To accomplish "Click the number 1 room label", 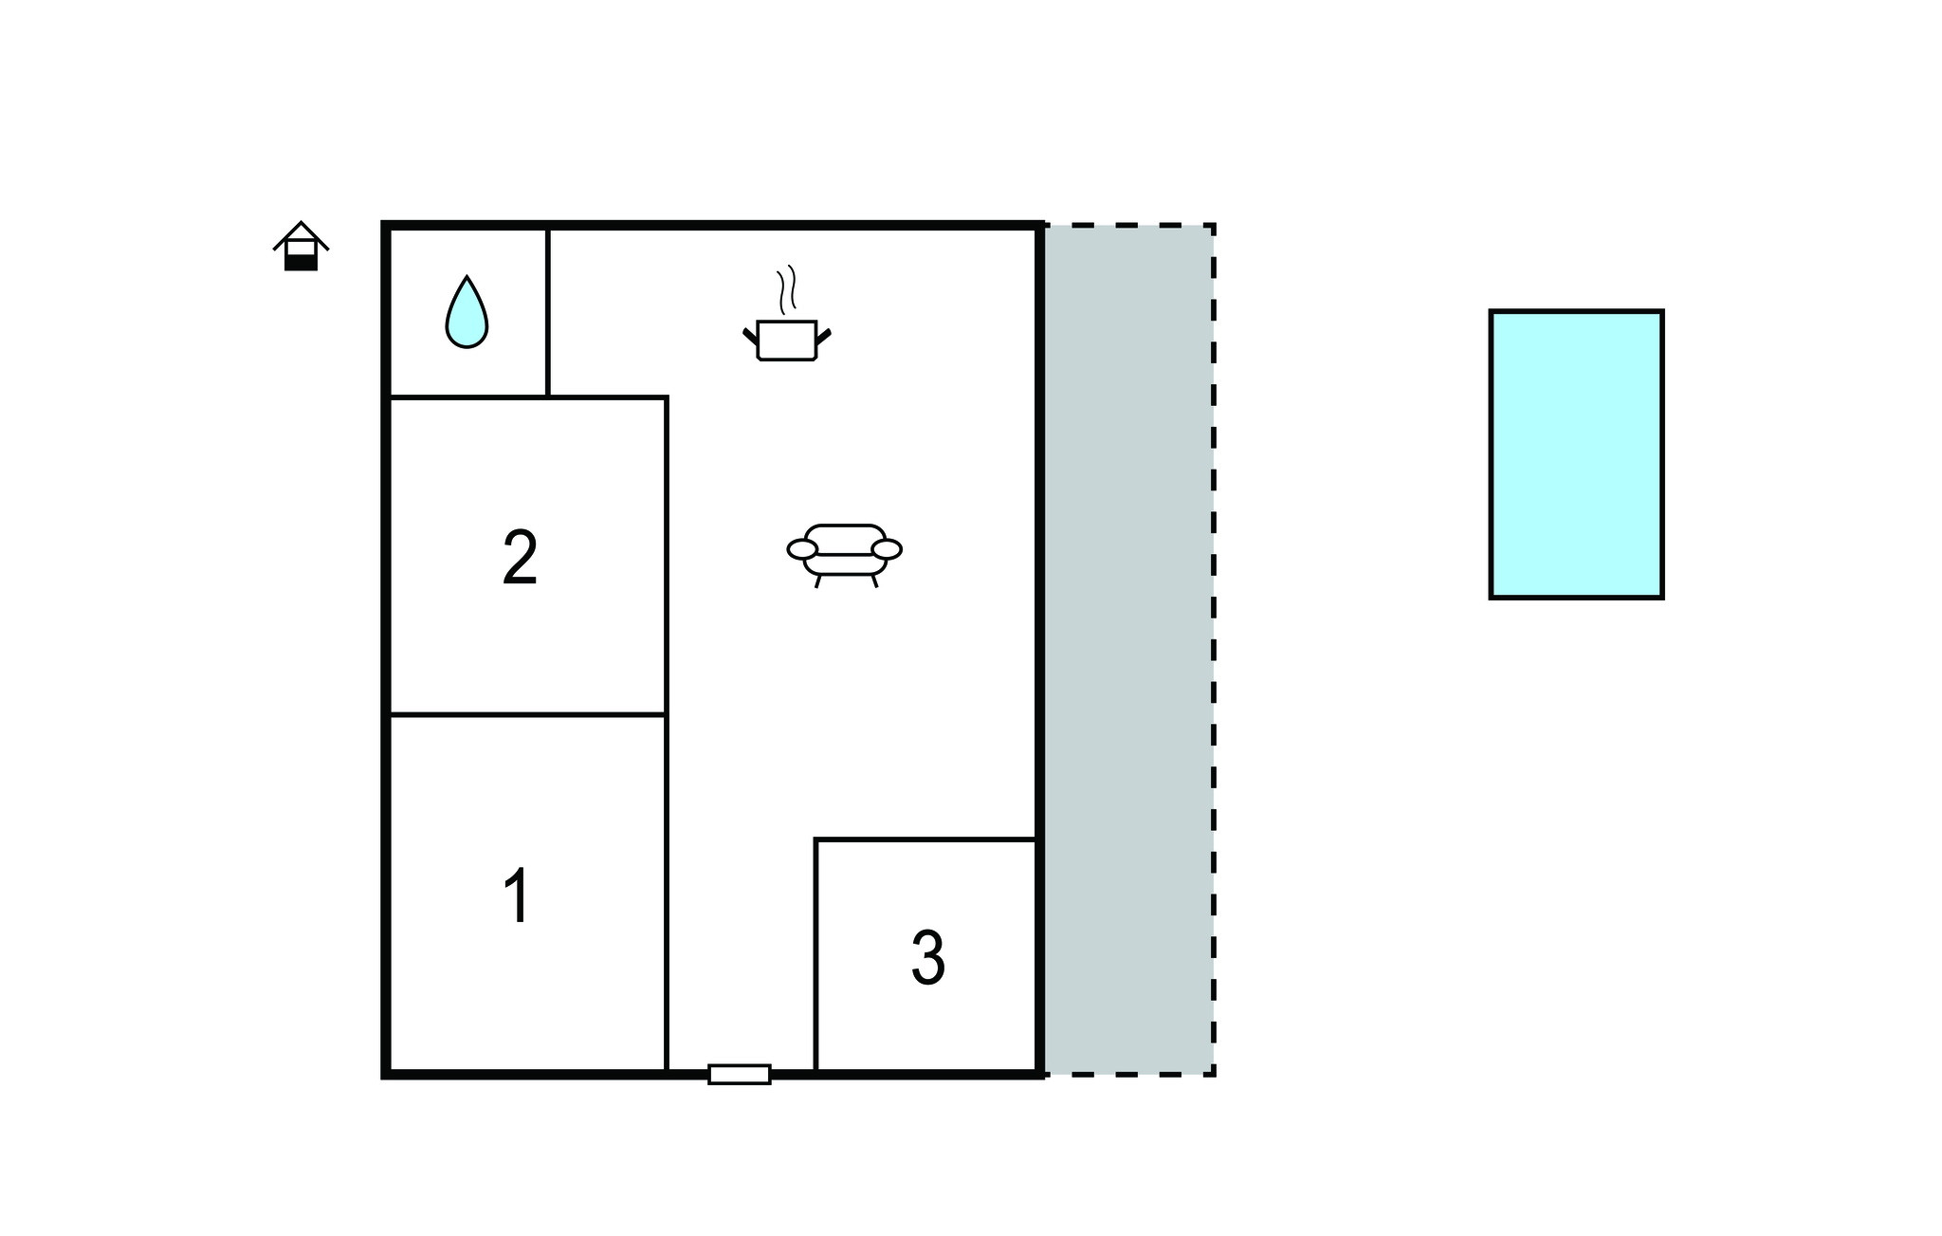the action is [x=517, y=895].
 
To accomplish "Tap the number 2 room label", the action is [x=520, y=558].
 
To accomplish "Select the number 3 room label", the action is [x=927, y=958].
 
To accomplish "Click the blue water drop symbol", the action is [x=467, y=312].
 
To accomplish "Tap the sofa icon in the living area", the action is [x=844, y=556].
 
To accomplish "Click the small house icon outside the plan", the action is [x=302, y=247].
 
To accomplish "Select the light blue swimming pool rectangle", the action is [x=1576, y=454].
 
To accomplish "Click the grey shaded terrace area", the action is [x=1128, y=650].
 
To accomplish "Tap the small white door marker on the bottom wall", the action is [x=740, y=1074].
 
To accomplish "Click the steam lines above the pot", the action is [x=787, y=290].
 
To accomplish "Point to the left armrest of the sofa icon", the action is [x=802, y=549].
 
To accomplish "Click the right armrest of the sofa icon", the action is [x=887, y=549].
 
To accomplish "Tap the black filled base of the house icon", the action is [x=302, y=263].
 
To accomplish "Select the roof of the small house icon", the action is [x=302, y=235].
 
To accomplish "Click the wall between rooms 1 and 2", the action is [x=528, y=714].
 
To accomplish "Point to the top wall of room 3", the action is [x=925, y=839].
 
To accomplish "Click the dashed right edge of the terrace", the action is [x=1214, y=650].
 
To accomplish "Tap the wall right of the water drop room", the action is [x=548, y=312].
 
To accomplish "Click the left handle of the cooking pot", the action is [x=750, y=335].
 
